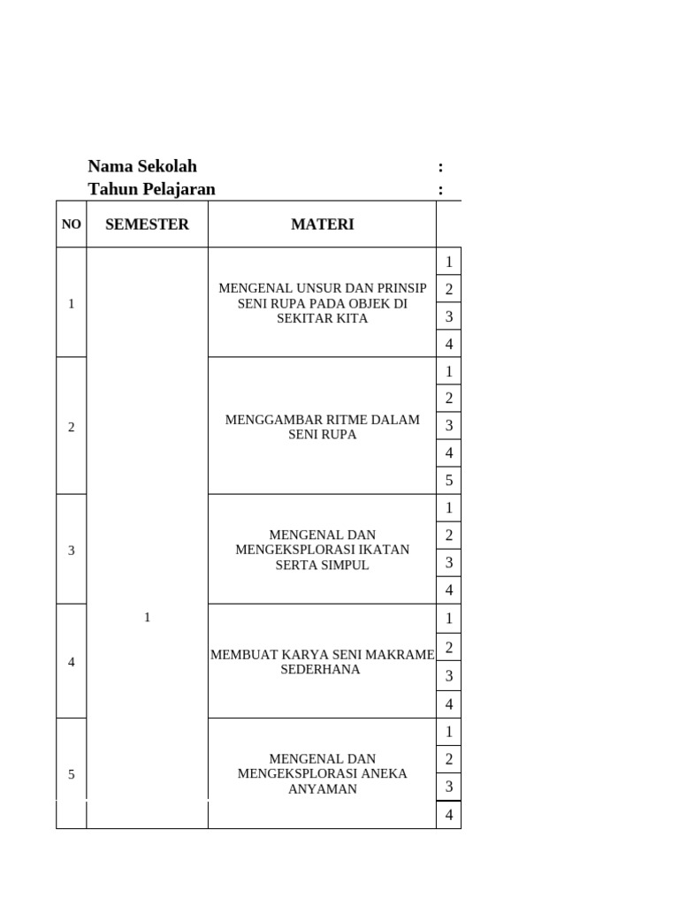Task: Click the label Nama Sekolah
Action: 142,166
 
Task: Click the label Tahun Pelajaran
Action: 151,189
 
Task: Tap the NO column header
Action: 72,224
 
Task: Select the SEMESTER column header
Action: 147,224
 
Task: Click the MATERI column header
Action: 322,224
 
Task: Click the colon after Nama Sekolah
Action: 440,166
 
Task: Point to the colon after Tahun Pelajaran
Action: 440,189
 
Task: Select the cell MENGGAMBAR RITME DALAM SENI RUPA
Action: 322,427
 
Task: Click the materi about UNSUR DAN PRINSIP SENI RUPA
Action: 322,303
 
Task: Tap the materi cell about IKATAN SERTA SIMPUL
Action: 322,550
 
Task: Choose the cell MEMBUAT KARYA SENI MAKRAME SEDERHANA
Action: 322,662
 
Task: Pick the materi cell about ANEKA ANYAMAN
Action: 322,774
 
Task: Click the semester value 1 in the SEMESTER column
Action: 147,617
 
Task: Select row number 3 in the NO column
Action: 72,551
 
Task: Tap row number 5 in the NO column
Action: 72,775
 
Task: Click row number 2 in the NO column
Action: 72,428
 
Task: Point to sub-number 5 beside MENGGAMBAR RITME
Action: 449,481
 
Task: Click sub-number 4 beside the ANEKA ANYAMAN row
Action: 449,815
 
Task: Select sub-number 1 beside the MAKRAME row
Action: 449,618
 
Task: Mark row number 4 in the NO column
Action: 72,662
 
